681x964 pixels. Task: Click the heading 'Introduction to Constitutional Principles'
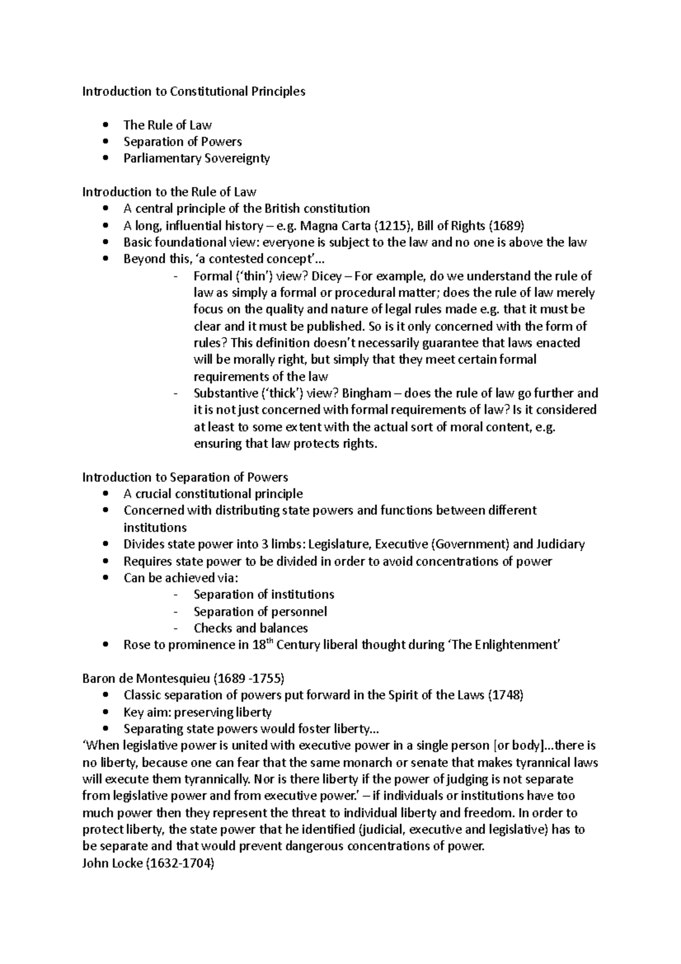[194, 91]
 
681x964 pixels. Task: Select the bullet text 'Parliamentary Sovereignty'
[196, 158]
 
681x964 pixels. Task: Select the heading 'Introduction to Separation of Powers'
[185, 477]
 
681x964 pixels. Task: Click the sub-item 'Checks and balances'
[250, 628]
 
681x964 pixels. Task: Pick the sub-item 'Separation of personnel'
[260, 612]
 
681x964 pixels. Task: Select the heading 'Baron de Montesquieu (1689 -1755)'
[183, 679]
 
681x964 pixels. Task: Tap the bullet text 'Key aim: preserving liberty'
[197, 712]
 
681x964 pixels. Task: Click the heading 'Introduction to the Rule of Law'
[169, 192]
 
